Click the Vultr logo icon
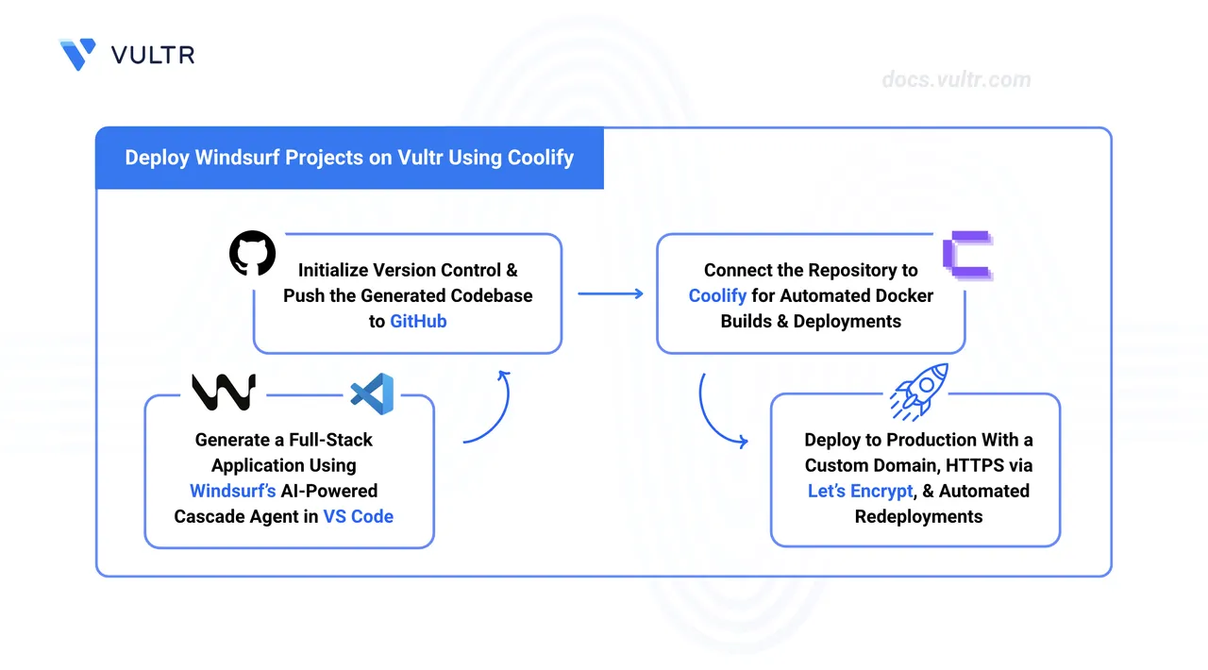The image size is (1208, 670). click(x=76, y=54)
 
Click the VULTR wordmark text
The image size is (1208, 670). click(x=153, y=55)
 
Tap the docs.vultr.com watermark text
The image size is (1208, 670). click(x=956, y=79)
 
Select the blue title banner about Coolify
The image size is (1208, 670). click(x=349, y=158)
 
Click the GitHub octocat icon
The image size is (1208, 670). click(x=253, y=254)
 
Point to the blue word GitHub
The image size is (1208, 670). click(x=418, y=321)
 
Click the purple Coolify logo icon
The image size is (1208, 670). click(x=967, y=255)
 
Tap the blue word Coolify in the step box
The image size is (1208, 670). click(x=717, y=295)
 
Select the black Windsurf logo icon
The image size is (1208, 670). click(x=224, y=392)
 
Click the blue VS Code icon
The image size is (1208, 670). click(x=372, y=393)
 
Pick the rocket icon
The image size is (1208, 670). click(x=918, y=391)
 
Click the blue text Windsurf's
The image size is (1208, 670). click(x=232, y=491)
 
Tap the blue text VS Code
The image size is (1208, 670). click(x=358, y=516)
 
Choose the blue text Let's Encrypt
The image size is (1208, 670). click(x=860, y=491)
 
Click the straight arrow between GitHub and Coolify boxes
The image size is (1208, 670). click(x=610, y=293)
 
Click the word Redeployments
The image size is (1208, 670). click(x=918, y=516)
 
